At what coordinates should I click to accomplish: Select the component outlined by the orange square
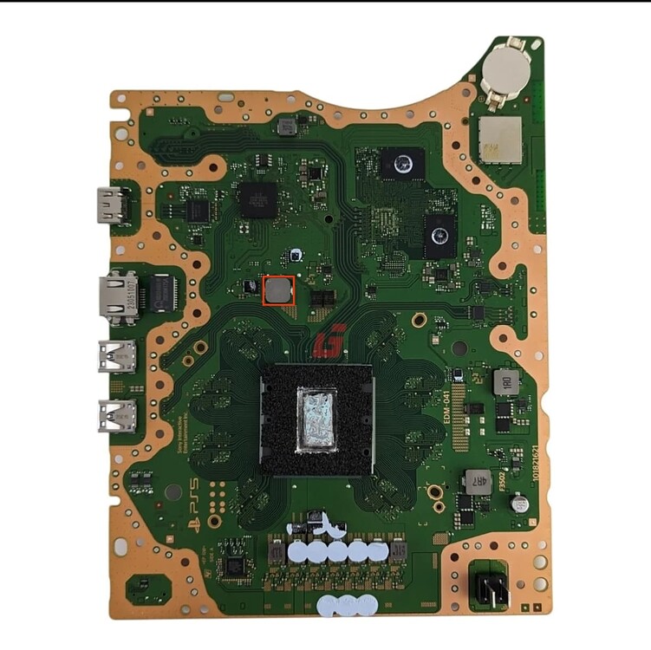pyautogui.click(x=278, y=290)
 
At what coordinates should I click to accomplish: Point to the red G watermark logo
pyautogui.click(x=330, y=340)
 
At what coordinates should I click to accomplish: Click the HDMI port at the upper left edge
pyautogui.click(x=111, y=205)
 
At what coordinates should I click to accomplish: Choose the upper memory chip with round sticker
pyautogui.click(x=401, y=164)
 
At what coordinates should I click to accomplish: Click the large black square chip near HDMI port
pyautogui.click(x=257, y=198)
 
